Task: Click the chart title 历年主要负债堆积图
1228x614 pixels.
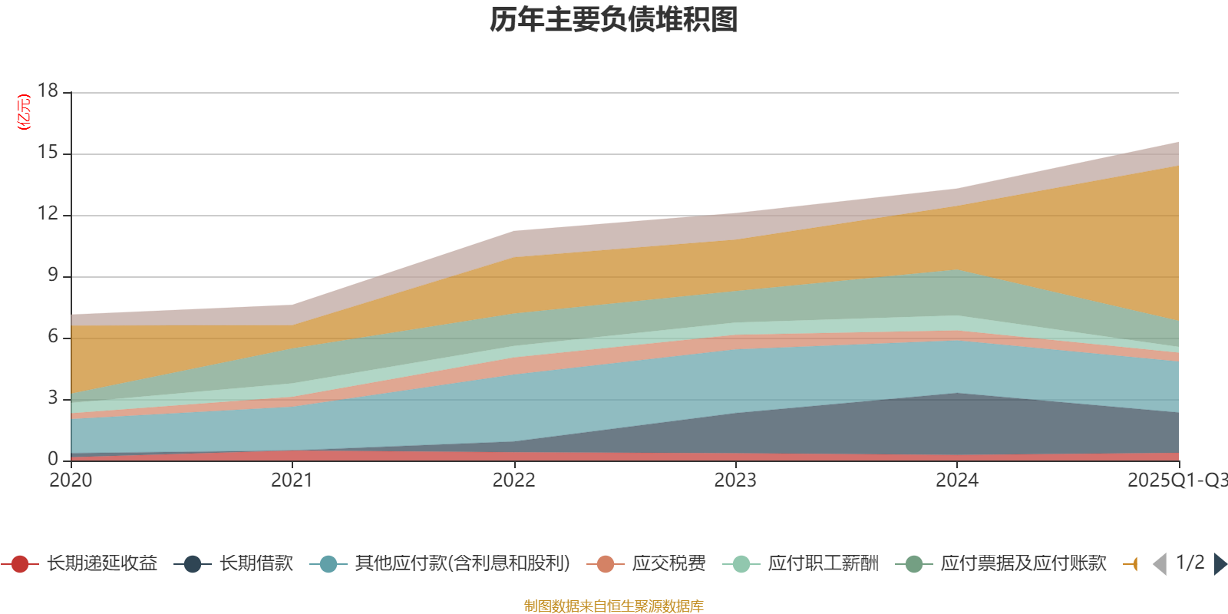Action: pyautogui.click(x=614, y=21)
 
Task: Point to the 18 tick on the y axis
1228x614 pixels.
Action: pyautogui.click(x=48, y=91)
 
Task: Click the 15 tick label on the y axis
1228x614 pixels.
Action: pyautogui.click(x=48, y=152)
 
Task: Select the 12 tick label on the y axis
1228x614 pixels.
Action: pyautogui.click(x=48, y=213)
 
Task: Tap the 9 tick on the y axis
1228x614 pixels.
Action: pyautogui.click(x=52, y=275)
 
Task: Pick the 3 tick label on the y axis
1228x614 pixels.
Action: pyautogui.click(x=52, y=398)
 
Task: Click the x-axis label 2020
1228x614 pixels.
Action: pyautogui.click(x=71, y=480)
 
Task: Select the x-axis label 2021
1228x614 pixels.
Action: pyautogui.click(x=292, y=480)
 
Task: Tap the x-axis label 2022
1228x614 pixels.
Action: pyautogui.click(x=513, y=480)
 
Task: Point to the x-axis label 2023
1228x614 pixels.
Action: pyautogui.click(x=735, y=480)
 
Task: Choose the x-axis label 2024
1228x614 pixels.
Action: pyautogui.click(x=956, y=480)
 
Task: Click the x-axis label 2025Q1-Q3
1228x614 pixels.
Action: pyautogui.click(x=1176, y=480)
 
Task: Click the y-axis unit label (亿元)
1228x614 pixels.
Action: pyautogui.click(x=25, y=112)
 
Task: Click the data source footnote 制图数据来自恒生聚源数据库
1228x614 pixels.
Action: pyautogui.click(x=614, y=606)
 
